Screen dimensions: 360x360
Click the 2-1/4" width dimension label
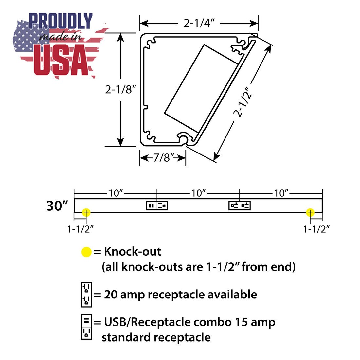click(199, 23)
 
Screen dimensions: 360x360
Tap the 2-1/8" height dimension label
click(120, 89)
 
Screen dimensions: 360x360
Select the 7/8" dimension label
click(163, 158)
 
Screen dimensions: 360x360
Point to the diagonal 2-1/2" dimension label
click(243, 102)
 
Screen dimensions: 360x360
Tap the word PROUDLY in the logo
click(61, 21)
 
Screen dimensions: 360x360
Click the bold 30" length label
click(57, 206)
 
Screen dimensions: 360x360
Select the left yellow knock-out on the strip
click(86, 213)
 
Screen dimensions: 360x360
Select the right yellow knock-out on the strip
click(310, 213)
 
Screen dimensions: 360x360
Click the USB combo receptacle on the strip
click(157, 206)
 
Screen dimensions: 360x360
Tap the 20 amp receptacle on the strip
click(240, 206)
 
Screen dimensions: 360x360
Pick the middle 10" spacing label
click(199, 193)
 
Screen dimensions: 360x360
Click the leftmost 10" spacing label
click(116, 193)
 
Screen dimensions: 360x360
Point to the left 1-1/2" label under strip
click(81, 229)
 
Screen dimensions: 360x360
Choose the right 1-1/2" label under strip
click(316, 229)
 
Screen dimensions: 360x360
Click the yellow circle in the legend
click(86, 252)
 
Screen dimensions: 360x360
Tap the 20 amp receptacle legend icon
click(86, 295)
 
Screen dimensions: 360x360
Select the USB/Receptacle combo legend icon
click(86, 327)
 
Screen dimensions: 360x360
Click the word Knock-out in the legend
click(133, 252)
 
